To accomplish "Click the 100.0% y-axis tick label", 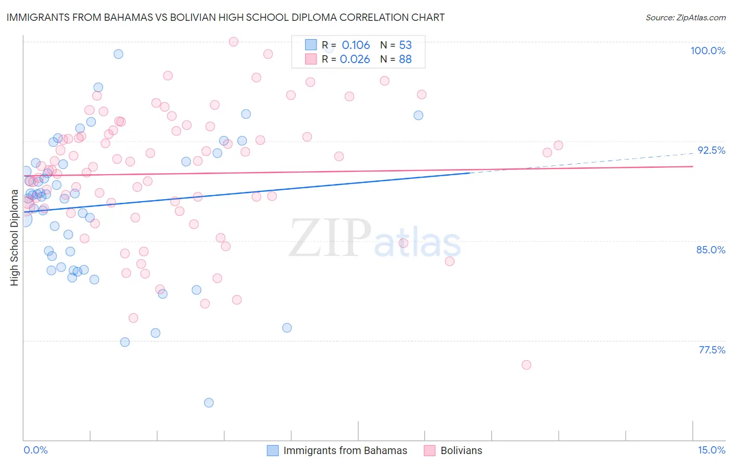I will click(708, 51).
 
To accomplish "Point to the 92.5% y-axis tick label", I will click(711, 150).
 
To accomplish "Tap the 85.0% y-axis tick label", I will click(711, 250).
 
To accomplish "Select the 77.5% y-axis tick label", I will click(712, 350).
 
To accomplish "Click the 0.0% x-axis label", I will click(35, 450).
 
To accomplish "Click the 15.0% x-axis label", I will click(711, 450).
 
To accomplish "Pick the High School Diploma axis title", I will click(15, 237).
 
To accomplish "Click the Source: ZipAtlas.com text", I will click(685, 18).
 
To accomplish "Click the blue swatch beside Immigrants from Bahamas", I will click(273, 450).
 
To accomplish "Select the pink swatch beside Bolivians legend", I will click(430, 450).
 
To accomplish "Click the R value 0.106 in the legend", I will click(356, 45).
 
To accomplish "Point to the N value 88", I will click(405, 59).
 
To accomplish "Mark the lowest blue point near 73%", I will click(209, 402).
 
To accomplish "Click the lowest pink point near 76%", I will click(526, 365).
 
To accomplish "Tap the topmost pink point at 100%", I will click(234, 42).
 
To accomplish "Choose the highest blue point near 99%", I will click(118, 54).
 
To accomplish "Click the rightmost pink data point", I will click(558, 145).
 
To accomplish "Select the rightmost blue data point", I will click(418, 115).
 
